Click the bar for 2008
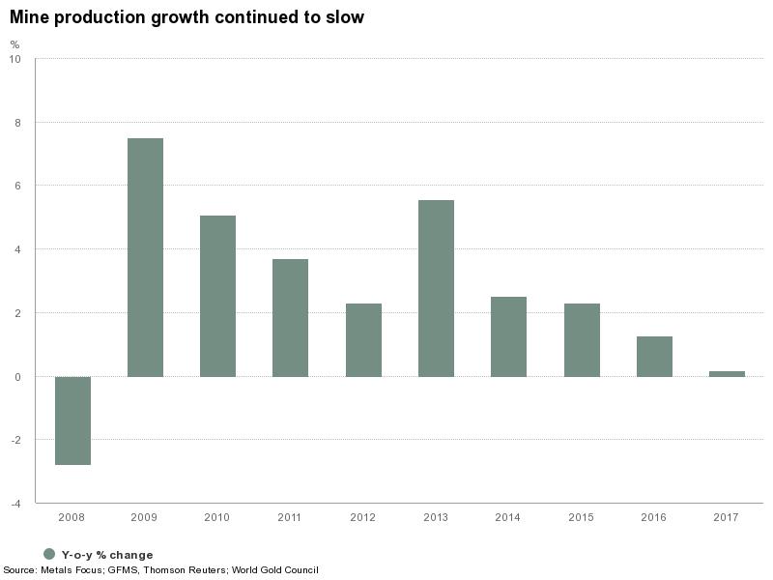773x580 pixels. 72,420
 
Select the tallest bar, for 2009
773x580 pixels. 145,257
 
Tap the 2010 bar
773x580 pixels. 217,296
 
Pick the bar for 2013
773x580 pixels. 436,288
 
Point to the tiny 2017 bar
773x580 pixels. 727,373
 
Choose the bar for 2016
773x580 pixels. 654,357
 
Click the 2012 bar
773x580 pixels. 363,340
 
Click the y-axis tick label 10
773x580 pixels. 14,59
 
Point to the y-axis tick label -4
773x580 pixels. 14,504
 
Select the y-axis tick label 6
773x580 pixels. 16,186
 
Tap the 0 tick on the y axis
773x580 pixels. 16,377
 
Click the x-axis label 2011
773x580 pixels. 290,518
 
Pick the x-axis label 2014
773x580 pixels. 508,518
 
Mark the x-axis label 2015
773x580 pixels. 581,518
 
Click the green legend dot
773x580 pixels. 49,554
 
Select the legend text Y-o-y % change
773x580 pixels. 107,555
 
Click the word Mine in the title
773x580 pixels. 28,17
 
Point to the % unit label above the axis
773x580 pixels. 14,44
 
